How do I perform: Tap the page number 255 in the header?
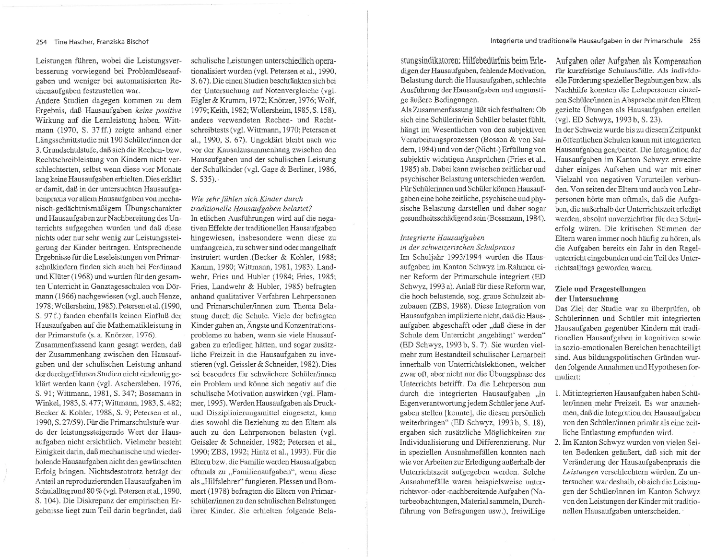[695, 41]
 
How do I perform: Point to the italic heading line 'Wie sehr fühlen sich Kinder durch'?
[247, 199]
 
